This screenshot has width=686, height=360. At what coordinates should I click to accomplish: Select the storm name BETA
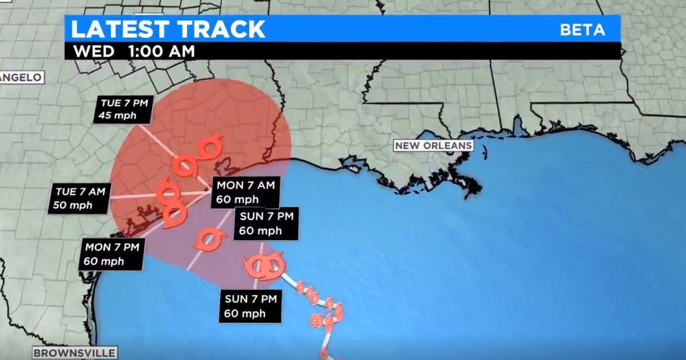(x=582, y=30)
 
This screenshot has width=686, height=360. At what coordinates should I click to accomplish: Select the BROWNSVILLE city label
(x=74, y=353)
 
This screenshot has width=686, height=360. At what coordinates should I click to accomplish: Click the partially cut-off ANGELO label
(x=21, y=78)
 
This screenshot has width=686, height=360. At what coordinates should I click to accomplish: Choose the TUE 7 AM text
(x=80, y=192)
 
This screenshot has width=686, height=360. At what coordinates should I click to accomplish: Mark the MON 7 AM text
(x=245, y=186)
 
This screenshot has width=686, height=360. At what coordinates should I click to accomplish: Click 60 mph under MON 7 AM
(x=242, y=199)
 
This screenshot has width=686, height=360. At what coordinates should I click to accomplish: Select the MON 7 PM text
(x=113, y=248)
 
